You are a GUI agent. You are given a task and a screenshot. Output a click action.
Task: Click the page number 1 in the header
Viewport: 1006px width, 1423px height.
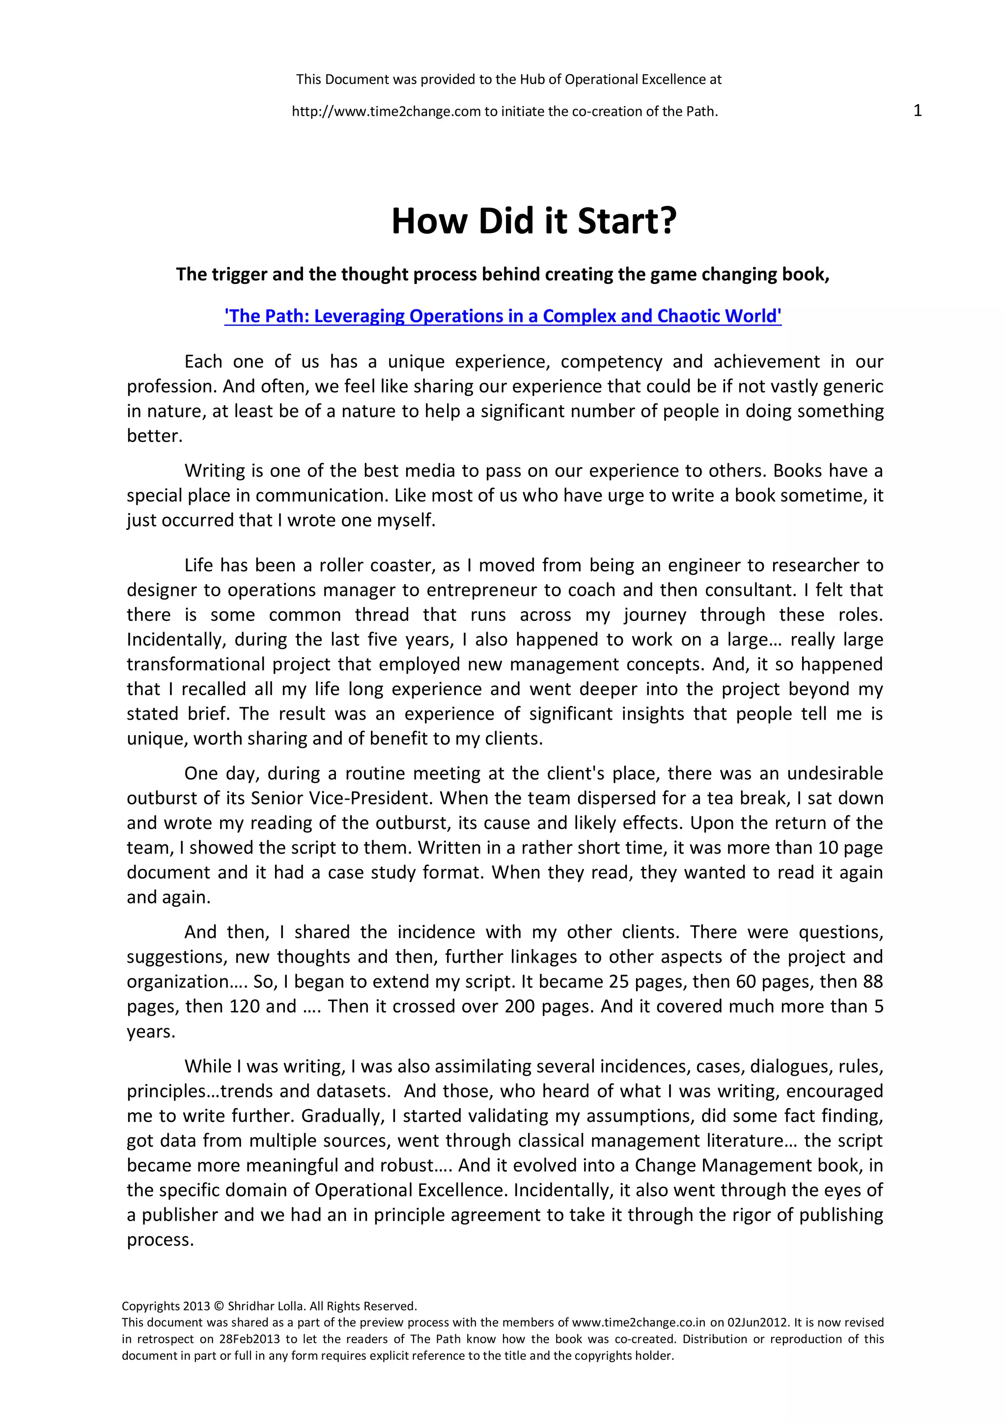point(918,111)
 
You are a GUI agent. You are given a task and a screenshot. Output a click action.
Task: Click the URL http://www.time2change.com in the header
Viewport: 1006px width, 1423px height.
point(387,112)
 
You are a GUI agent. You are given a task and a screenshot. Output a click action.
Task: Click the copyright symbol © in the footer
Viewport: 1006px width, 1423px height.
point(218,1307)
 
